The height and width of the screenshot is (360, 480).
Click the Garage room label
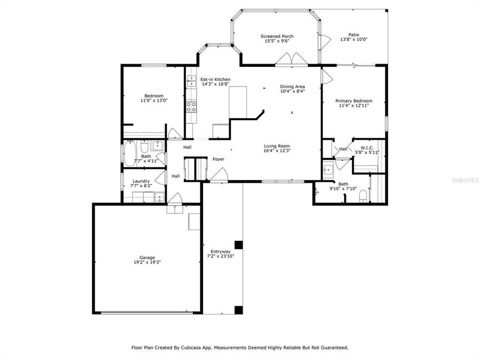[x=146, y=257]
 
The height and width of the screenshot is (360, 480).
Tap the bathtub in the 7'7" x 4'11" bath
[x=129, y=153]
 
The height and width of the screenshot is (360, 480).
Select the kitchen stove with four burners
[x=191, y=106]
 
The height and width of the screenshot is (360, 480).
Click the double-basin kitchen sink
[x=191, y=81]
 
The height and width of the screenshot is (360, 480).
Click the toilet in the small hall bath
[x=143, y=147]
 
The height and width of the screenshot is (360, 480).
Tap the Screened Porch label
[x=276, y=36]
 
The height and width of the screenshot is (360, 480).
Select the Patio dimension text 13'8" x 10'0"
[x=353, y=39]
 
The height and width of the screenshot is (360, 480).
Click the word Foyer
[x=218, y=159]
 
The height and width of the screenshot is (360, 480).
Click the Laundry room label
[x=141, y=181]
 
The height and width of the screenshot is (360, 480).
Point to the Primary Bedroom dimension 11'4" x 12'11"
[x=353, y=106]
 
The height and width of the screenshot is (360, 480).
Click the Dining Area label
[x=292, y=86]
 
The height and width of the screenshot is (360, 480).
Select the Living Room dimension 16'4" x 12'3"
[x=277, y=150]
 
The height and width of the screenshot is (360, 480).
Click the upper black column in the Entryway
[x=238, y=244]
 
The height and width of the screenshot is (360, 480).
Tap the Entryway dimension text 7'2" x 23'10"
[x=220, y=256]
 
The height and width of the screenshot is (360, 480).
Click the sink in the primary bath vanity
[x=328, y=170]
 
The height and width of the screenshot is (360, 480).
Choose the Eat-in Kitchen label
[x=215, y=79]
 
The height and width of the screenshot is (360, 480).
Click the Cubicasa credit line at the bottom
[x=239, y=347]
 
